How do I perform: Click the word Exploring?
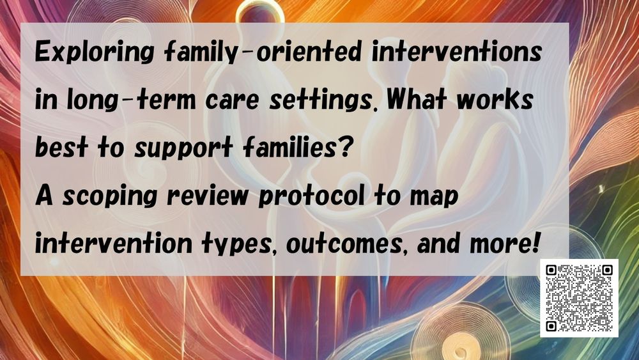(x=94, y=53)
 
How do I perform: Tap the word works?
(x=495, y=100)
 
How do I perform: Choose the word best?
(x=61, y=147)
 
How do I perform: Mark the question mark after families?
(x=344, y=147)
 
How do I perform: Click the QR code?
(x=579, y=298)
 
